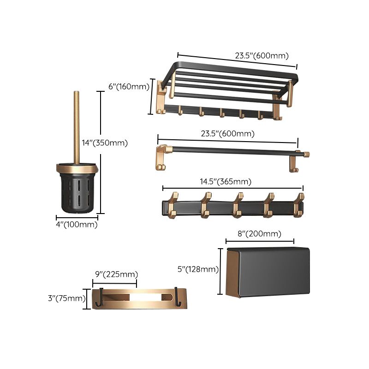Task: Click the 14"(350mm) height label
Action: (105, 143)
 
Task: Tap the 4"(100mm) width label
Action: (77, 225)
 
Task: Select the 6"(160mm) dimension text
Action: (129, 86)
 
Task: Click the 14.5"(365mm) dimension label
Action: (226, 182)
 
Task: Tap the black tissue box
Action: (268, 272)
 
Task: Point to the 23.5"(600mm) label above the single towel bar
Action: (227, 134)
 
